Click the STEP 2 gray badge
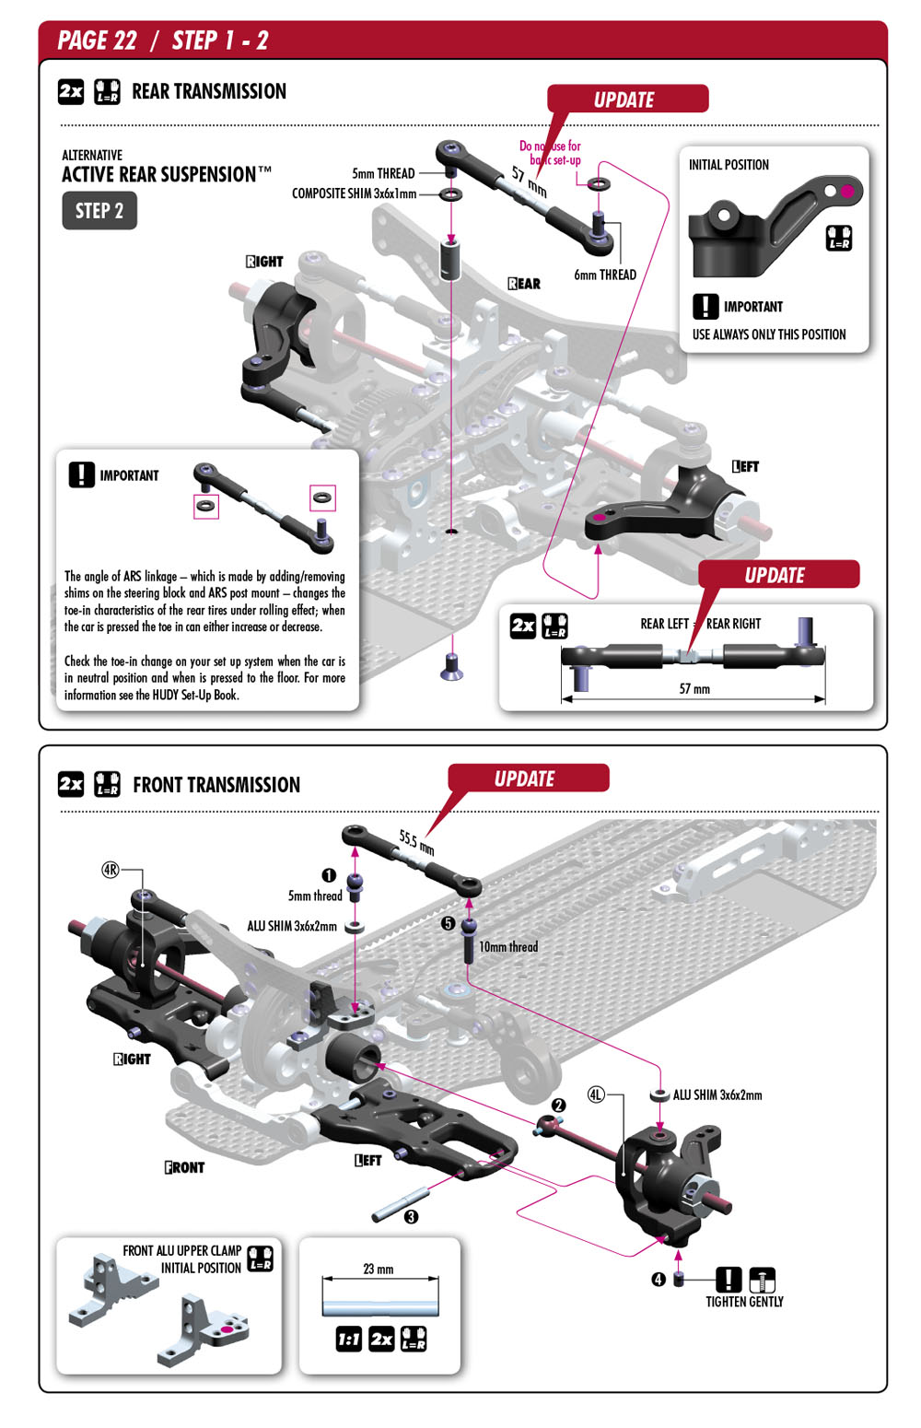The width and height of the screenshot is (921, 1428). [99, 211]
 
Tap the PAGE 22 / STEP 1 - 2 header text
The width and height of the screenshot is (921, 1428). [163, 41]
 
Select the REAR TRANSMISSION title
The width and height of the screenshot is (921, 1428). [209, 91]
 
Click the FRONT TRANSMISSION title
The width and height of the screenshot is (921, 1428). [216, 785]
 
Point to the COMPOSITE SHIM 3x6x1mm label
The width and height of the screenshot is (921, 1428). [354, 193]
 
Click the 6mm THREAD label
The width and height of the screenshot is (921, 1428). [605, 275]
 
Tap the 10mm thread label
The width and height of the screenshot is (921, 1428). [508, 946]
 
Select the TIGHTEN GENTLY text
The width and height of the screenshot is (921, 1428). [744, 1302]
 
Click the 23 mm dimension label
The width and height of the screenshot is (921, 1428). [379, 1269]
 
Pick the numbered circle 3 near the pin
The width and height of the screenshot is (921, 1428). [412, 1216]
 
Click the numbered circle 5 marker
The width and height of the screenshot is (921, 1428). [449, 923]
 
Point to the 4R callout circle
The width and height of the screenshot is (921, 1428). [111, 870]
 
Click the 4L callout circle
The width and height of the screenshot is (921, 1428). [597, 1094]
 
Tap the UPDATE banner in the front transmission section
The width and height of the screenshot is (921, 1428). [525, 778]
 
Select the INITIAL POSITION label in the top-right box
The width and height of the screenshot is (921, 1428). [729, 165]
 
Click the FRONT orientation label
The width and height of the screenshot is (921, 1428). [184, 1167]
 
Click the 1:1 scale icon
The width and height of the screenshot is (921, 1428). [349, 1339]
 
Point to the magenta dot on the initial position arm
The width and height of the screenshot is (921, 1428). [847, 192]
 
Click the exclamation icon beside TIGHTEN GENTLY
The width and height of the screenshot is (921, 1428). [729, 1280]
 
